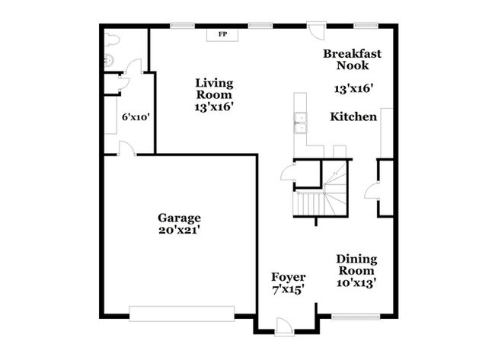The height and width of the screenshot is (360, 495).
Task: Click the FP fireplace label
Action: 222,34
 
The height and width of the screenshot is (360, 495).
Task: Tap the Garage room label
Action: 179,218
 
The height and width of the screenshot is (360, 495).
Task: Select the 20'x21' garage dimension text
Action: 179,230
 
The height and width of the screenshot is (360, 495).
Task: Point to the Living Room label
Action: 214,89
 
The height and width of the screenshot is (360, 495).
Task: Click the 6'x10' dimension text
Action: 136,117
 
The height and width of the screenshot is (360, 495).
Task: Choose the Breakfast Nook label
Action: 353,59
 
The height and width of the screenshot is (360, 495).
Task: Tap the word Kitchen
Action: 353,116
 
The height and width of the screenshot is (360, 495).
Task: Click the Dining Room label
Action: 356,265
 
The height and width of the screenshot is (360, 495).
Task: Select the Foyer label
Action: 289,277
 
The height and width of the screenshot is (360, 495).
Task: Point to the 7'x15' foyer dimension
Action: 288,289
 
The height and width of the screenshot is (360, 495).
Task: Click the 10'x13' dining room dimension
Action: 356,282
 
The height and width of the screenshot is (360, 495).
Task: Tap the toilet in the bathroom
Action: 112,40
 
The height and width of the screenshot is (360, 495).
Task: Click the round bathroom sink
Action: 108,60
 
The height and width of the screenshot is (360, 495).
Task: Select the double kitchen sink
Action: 300,123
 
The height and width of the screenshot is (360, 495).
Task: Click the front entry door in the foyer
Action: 285,327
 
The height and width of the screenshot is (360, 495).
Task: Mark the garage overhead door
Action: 182,314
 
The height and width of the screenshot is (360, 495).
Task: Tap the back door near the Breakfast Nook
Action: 316,30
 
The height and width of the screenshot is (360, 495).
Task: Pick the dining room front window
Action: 356,317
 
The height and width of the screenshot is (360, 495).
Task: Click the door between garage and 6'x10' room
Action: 127,148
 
